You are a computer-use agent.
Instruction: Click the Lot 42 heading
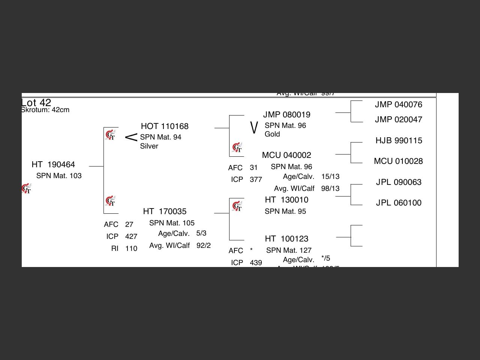36,102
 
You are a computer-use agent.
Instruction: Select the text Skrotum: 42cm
45,110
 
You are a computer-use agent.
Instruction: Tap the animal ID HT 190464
53,165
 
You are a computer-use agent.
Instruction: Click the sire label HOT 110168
165,126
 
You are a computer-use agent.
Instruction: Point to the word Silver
149,146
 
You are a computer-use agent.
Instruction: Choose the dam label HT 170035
165,211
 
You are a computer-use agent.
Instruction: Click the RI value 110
131,249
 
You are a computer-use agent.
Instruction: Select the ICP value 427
131,237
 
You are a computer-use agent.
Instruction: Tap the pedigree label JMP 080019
287,115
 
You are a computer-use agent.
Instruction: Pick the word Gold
272,134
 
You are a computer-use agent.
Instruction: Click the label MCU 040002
286,155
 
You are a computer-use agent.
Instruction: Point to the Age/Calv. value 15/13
330,177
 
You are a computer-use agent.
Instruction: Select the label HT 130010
286,200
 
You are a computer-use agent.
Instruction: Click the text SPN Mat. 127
289,250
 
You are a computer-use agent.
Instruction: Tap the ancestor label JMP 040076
399,105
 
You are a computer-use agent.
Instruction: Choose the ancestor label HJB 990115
399,141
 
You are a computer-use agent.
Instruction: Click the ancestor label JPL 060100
399,203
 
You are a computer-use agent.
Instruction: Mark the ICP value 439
256,263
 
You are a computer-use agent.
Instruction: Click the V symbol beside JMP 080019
254,127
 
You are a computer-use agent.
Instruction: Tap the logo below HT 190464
26,189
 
